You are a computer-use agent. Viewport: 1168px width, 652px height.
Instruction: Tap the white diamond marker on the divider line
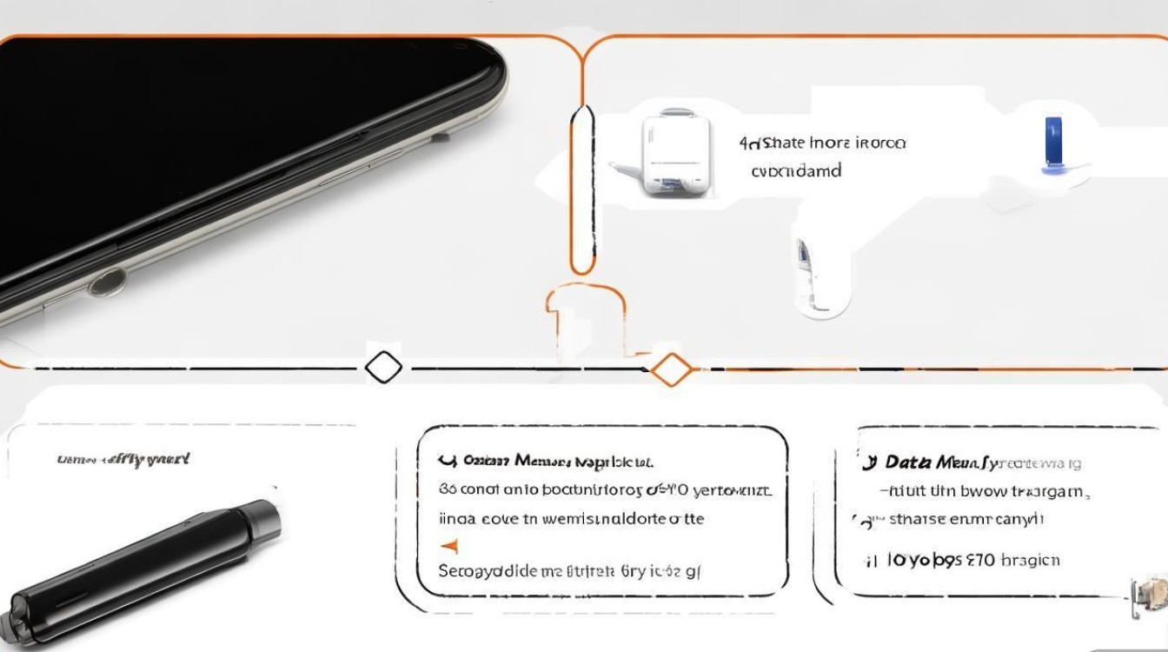tap(383, 368)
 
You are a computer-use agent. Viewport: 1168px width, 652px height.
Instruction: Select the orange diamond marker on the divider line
tap(671, 369)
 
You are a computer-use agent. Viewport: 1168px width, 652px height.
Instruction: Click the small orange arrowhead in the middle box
tap(449, 546)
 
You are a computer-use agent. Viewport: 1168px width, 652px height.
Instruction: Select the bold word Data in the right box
tap(908, 463)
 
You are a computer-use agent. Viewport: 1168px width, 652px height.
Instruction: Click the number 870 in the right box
tap(979, 560)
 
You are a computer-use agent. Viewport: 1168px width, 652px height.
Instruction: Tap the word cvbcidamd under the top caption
tap(795, 171)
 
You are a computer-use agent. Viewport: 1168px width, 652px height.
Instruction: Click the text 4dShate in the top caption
tap(771, 142)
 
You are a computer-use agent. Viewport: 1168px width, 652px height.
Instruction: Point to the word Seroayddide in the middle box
tap(487, 571)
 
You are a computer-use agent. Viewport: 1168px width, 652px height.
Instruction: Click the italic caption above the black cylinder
tap(123, 458)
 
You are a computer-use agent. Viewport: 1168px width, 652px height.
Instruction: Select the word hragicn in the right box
tap(1030, 560)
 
